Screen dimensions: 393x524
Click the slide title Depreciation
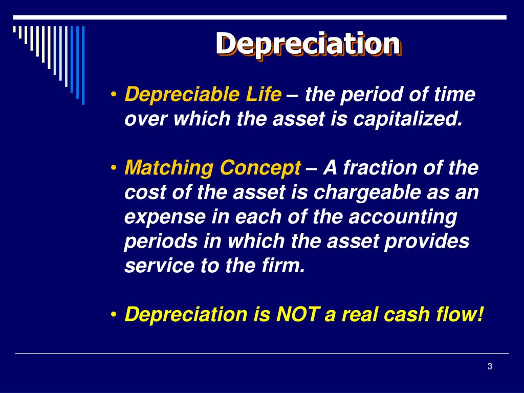point(308,44)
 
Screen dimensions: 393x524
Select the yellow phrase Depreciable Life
point(203,95)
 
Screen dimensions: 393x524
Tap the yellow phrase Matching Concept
point(213,167)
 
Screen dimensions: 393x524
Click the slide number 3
point(490,366)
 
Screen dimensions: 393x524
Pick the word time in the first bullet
point(455,95)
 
